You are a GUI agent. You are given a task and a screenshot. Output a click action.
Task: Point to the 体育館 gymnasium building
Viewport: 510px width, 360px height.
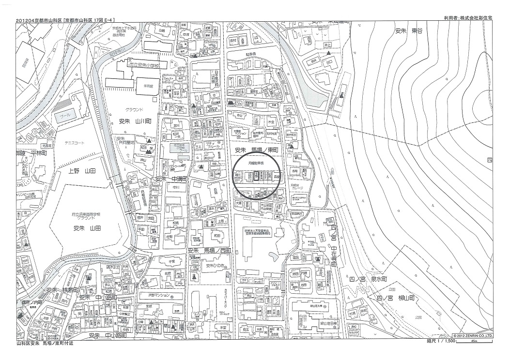coord(141,85)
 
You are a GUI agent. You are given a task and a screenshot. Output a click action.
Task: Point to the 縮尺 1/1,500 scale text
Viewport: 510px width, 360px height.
coord(442,341)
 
